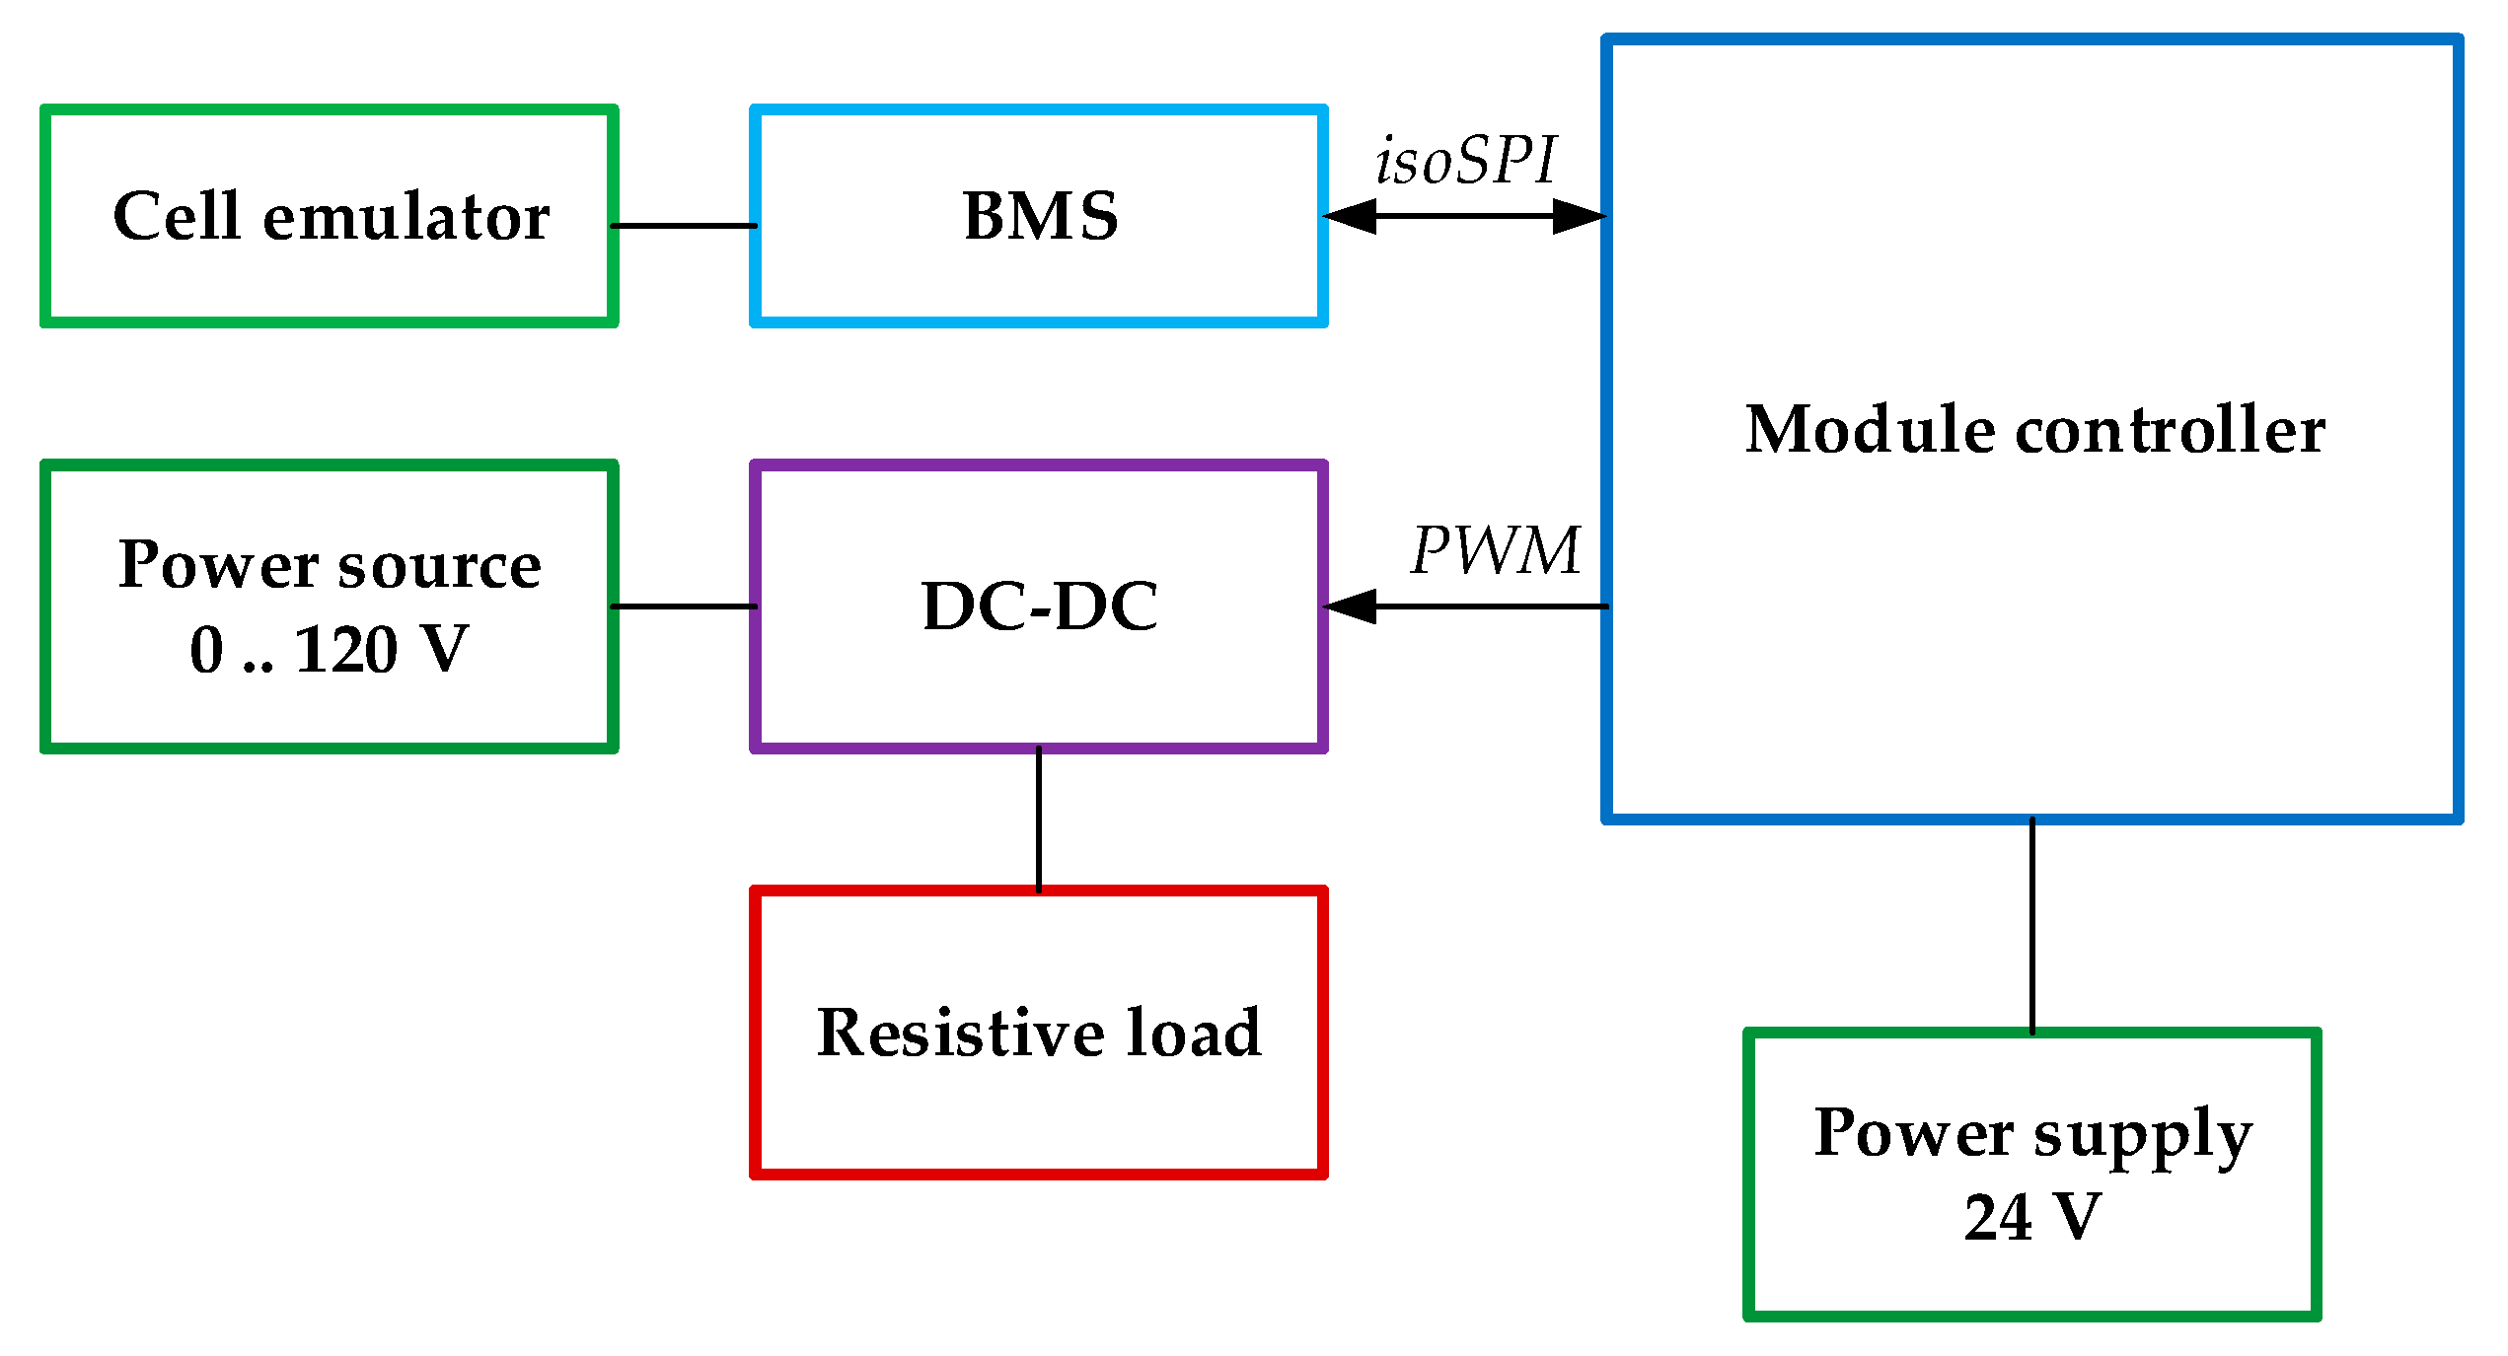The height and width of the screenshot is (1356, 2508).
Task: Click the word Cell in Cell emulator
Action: click(177, 216)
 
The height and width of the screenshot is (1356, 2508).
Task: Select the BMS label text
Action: click(1040, 216)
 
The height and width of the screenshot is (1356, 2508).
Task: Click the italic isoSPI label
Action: click(1465, 160)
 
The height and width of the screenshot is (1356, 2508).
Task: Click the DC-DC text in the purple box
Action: click(1039, 606)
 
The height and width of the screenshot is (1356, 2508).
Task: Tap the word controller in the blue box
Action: click(2171, 430)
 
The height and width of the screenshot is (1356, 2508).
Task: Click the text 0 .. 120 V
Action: click(329, 650)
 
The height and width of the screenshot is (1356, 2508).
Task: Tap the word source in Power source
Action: click(439, 566)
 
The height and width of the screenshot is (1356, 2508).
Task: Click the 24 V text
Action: click(2031, 1217)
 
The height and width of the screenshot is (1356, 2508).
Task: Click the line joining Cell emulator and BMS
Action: click(684, 226)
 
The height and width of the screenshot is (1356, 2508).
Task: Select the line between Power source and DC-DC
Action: click(684, 607)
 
